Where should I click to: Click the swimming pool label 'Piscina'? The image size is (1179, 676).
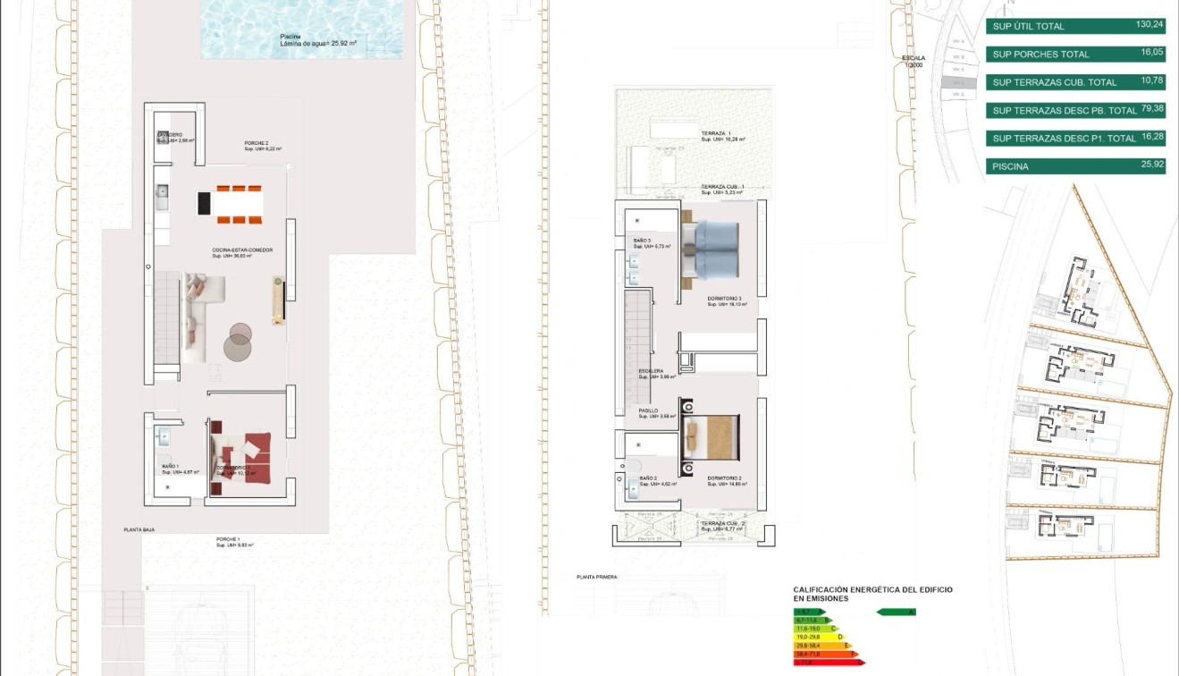tap(291, 37)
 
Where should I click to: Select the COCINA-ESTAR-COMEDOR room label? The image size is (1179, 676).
tap(241, 250)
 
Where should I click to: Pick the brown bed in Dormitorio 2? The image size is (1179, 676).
tap(712, 438)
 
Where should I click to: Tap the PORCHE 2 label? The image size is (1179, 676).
tap(257, 143)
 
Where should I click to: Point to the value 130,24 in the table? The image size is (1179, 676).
tap(1150, 25)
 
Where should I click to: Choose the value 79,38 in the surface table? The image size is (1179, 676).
tap(1151, 109)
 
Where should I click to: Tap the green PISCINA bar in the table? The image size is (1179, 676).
tap(1075, 166)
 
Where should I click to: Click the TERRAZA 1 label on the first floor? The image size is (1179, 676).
tap(716, 133)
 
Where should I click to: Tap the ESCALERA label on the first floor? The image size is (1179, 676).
tap(651, 370)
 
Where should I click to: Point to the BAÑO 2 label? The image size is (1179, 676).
tap(649, 479)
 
